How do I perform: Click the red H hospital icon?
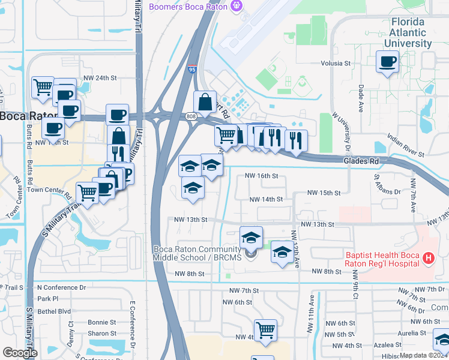(428, 259)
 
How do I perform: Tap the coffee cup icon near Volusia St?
(387, 61)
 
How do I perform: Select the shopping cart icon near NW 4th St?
(265, 330)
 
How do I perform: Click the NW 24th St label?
(99, 78)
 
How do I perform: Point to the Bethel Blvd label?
(54, 312)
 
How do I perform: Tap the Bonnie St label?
(102, 322)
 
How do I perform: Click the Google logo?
(20, 353)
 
